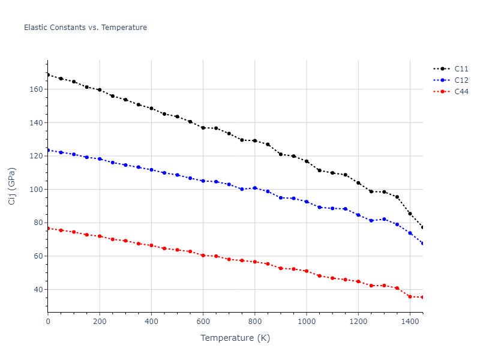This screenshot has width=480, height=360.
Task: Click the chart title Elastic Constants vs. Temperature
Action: (85, 28)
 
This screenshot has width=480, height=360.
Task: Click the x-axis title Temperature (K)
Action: (235, 338)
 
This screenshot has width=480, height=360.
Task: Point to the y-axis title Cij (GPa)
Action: (12, 186)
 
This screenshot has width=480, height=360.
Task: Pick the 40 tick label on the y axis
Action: (38, 290)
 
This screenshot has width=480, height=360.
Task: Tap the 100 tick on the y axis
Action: (37, 190)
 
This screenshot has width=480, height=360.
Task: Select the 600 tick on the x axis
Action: (203, 322)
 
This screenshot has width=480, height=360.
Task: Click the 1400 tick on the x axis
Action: (410, 322)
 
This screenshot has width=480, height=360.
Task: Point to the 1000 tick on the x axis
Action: (307, 322)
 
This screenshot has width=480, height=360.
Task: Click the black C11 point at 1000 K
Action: (307, 161)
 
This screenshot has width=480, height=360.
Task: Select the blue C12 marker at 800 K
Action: (255, 188)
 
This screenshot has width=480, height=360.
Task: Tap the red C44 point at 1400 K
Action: (410, 296)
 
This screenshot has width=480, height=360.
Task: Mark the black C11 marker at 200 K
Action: (100, 90)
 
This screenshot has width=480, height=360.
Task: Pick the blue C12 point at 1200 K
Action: (358, 215)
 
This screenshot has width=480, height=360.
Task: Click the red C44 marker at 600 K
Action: (203, 256)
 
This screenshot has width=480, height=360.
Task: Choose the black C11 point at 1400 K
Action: (410, 214)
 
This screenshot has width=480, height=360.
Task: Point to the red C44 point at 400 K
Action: (151, 245)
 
